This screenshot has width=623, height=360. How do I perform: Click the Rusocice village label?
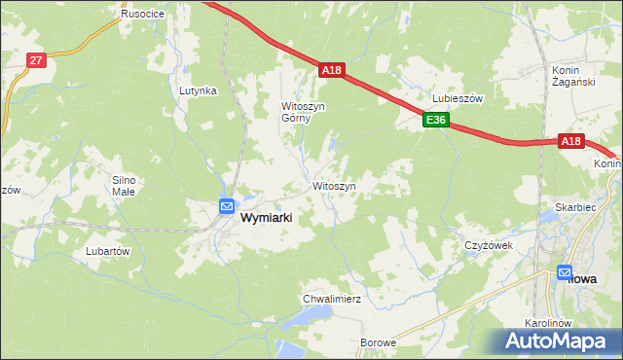pos(141,15)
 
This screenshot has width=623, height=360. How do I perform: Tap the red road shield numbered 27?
pos(36,60)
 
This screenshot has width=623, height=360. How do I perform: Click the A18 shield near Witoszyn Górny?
pos(332,70)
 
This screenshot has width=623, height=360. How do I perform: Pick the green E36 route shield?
pos(435,121)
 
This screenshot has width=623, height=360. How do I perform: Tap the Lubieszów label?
pos(458,98)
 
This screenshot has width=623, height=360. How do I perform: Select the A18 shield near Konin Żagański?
pos(571,142)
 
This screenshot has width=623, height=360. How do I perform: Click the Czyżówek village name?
pos(488,245)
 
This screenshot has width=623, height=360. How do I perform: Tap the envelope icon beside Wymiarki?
pos(226,206)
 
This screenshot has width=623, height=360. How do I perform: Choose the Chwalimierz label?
pos(332,299)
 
